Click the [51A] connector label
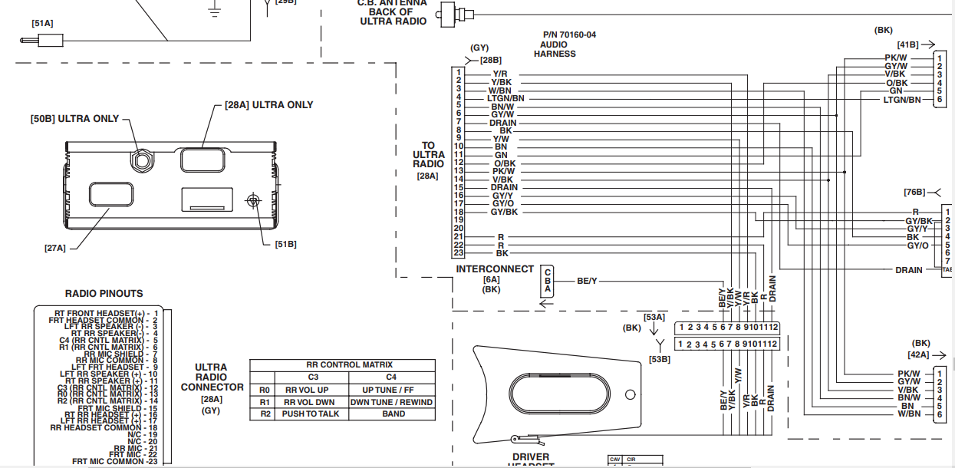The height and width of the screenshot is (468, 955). (x=42, y=24)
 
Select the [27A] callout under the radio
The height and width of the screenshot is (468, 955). (x=55, y=247)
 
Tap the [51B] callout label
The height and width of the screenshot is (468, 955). (x=285, y=244)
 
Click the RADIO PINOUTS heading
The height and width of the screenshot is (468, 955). (x=104, y=293)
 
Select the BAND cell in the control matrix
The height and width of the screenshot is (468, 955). (x=393, y=414)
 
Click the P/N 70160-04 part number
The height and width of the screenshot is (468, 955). (x=569, y=35)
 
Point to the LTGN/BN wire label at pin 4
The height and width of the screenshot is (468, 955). (x=505, y=98)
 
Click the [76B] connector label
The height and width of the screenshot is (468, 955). (x=914, y=192)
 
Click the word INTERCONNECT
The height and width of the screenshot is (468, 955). (x=495, y=269)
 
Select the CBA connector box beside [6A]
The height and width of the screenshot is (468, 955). (x=548, y=282)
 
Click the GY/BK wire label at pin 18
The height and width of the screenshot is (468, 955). (x=505, y=211)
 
